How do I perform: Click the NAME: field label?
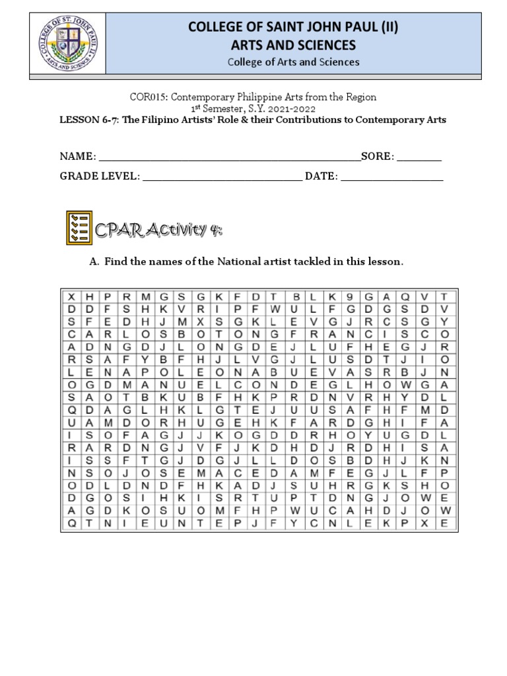tap(78, 157)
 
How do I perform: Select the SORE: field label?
tap(377, 157)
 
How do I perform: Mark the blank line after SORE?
tap(419, 158)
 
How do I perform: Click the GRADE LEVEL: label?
tap(100, 177)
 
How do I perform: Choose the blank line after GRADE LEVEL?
tap(222, 178)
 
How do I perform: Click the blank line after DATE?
tap(392, 178)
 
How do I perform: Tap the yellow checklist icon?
tap(79, 228)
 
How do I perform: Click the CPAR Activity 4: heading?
tap(158, 230)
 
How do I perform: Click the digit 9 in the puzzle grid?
tap(351, 296)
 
